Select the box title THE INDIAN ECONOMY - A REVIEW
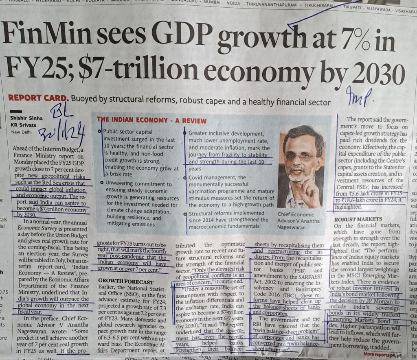(x=151, y=120)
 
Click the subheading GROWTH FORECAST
(x=126, y=281)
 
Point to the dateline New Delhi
(x=21, y=132)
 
